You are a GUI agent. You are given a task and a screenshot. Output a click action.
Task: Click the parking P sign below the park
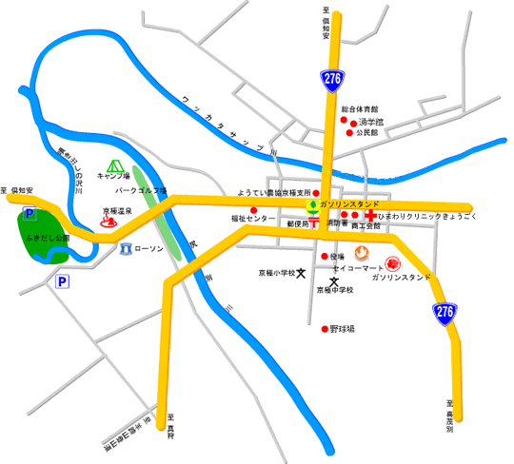62,282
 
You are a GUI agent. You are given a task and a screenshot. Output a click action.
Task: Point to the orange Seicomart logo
362,253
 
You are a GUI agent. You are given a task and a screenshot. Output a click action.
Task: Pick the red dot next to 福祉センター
254,210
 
